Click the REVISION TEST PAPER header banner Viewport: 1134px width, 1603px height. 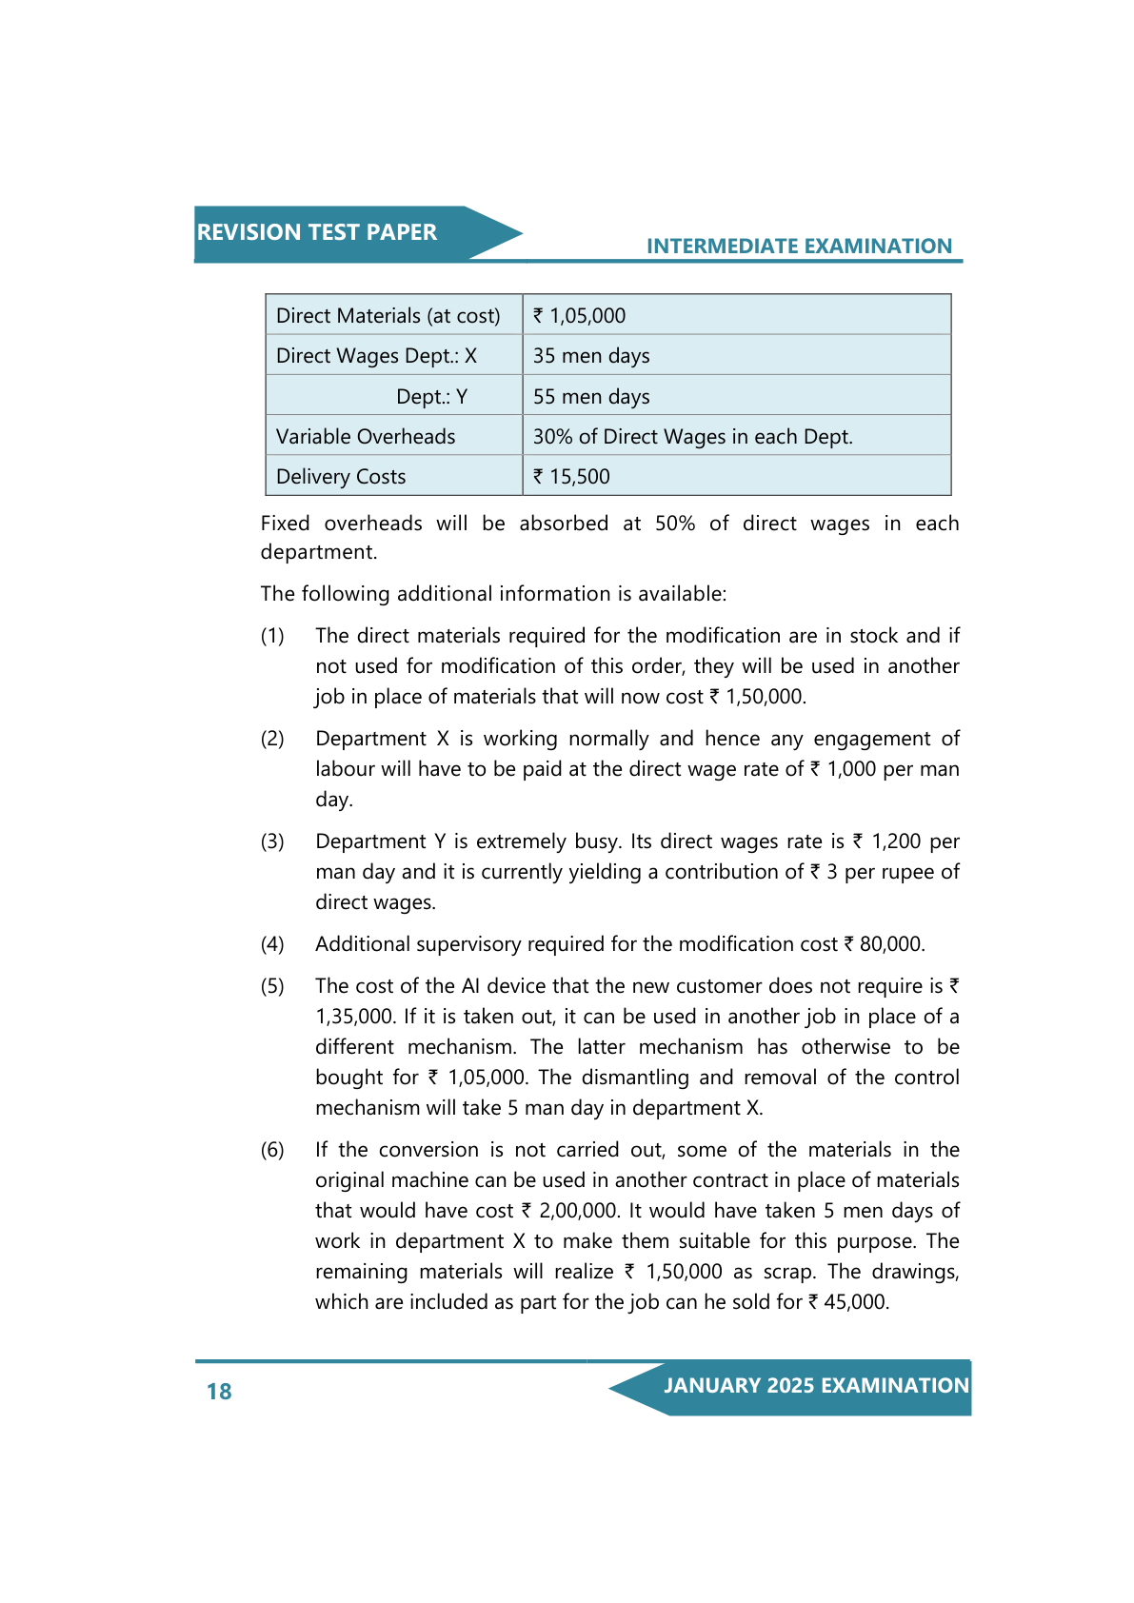coord(317,233)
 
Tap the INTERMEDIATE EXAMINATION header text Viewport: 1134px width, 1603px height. coord(799,247)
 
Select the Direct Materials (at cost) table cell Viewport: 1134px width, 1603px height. coord(388,316)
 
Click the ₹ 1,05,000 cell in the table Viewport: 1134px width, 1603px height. coord(580,316)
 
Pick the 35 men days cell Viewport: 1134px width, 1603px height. coord(591,356)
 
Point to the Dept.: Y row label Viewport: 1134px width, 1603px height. coord(431,397)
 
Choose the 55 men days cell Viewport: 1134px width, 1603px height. coord(591,397)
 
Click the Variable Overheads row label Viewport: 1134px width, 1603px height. coord(366,437)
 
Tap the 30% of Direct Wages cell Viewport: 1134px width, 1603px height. coord(692,437)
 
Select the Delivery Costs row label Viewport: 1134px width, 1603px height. coord(341,477)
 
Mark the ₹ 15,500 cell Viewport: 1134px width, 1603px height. coord(572,477)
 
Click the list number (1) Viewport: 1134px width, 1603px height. coord(272,636)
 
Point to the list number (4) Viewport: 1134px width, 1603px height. coord(272,944)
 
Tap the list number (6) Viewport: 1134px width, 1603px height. coord(272,1150)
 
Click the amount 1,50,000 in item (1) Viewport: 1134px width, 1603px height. coord(766,697)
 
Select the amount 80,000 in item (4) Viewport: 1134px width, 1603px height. coord(891,944)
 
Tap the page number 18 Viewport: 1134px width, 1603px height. coord(219,1392)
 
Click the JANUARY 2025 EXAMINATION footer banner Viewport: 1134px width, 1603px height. coord(816,1386)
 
